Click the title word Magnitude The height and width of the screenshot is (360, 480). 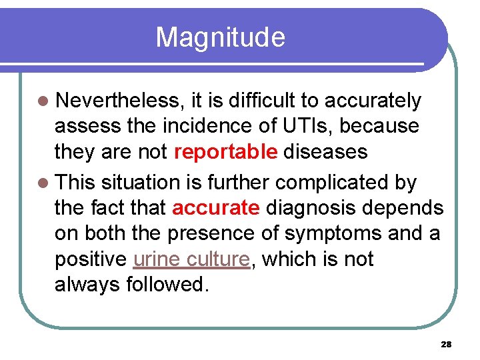pyautogui.click(x=220, y=37)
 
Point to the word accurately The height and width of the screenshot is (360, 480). pyautogui.click(x=373, y=101)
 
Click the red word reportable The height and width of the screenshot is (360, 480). pyautogui.click(x=225, y=152)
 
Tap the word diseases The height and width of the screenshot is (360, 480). pyautogui.click(x=325, y=152)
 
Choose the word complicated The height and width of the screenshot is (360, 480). pyautogui.click(x=341, y=182)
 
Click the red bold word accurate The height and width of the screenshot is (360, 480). pyautogui.click(x=215, y=208)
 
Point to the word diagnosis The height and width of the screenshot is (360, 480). pyautogui.click(x=312, y=208)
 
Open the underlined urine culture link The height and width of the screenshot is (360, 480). pyautogui.click(x=192, y=259)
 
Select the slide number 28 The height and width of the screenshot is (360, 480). pyautogui.click(x=446, y=345)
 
